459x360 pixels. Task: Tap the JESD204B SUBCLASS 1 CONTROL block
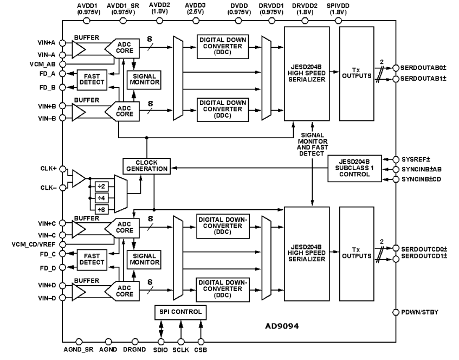[x=354, y=168]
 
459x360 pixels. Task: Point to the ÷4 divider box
[x=101, y=197]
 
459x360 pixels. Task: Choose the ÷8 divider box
[x=101, y=209]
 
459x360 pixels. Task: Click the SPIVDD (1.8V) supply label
[x=338, y=8]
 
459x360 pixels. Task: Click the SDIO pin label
[x=160, y=351]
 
